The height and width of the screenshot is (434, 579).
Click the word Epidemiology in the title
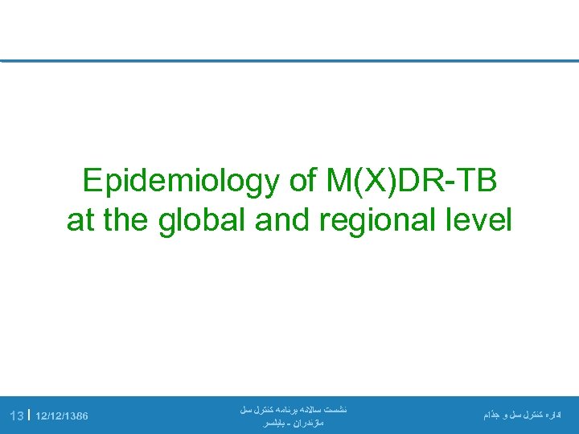(181, 182)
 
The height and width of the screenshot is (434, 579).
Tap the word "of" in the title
(303, 182)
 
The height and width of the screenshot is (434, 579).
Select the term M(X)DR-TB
(411, 182)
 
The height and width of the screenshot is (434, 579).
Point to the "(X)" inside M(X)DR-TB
(370, 182)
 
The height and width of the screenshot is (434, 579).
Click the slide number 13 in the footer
(16, 416)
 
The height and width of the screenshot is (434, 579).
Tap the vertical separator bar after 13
(29, 416)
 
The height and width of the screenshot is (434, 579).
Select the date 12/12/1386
(62, 416)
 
